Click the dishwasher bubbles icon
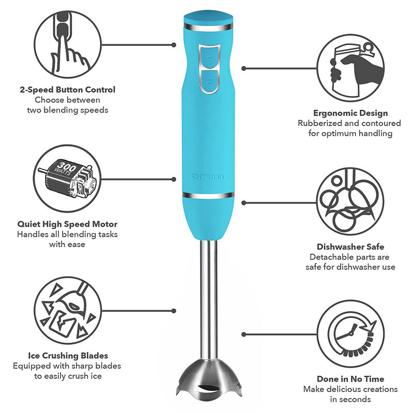(x=351, y=200)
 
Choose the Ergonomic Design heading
(x=350, y=113)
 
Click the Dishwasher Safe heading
(x=351, y=247)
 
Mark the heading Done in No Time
(x=351, y=378)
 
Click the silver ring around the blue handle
(x=209, y=195)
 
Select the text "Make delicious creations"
(x=351, y=389)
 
